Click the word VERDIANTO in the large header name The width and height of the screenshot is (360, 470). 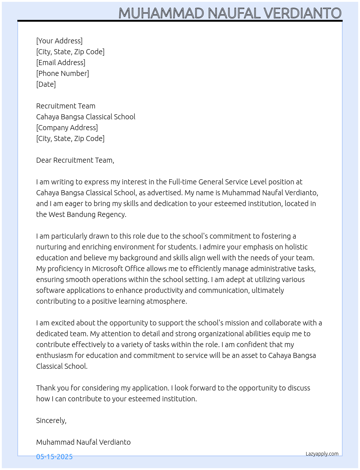pyautogui.click(x=302, y=13)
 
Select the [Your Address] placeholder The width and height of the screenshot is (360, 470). pyautogui.click(x=59, y=41)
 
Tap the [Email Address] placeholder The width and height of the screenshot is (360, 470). pyautogui.click(x=61, y=63)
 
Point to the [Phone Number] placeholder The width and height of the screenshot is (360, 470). pyautogui.click(x=63, y=73)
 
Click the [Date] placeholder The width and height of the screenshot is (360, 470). pyautogui.click(x=46, y=84)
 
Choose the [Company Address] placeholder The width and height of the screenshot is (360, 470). pyautogui.click(x=67, y=128)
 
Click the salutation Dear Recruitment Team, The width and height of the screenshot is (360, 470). pyautogui.click(x=75, y=160)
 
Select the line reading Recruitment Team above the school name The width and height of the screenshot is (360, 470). pyautogui.click(x=66, y=106)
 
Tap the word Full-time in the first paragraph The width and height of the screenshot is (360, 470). pyautogui.click(x=183, y=182)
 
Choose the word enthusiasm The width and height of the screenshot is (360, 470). pyautogui.click(x=55, y=355)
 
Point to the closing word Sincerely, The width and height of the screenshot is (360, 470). pyautogui.click(x=51, y=420)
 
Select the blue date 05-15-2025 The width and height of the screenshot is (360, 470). pyautogui.click(x=54, y=457)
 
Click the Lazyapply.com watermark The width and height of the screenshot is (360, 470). pyautogui.click(x=322, y=454)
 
